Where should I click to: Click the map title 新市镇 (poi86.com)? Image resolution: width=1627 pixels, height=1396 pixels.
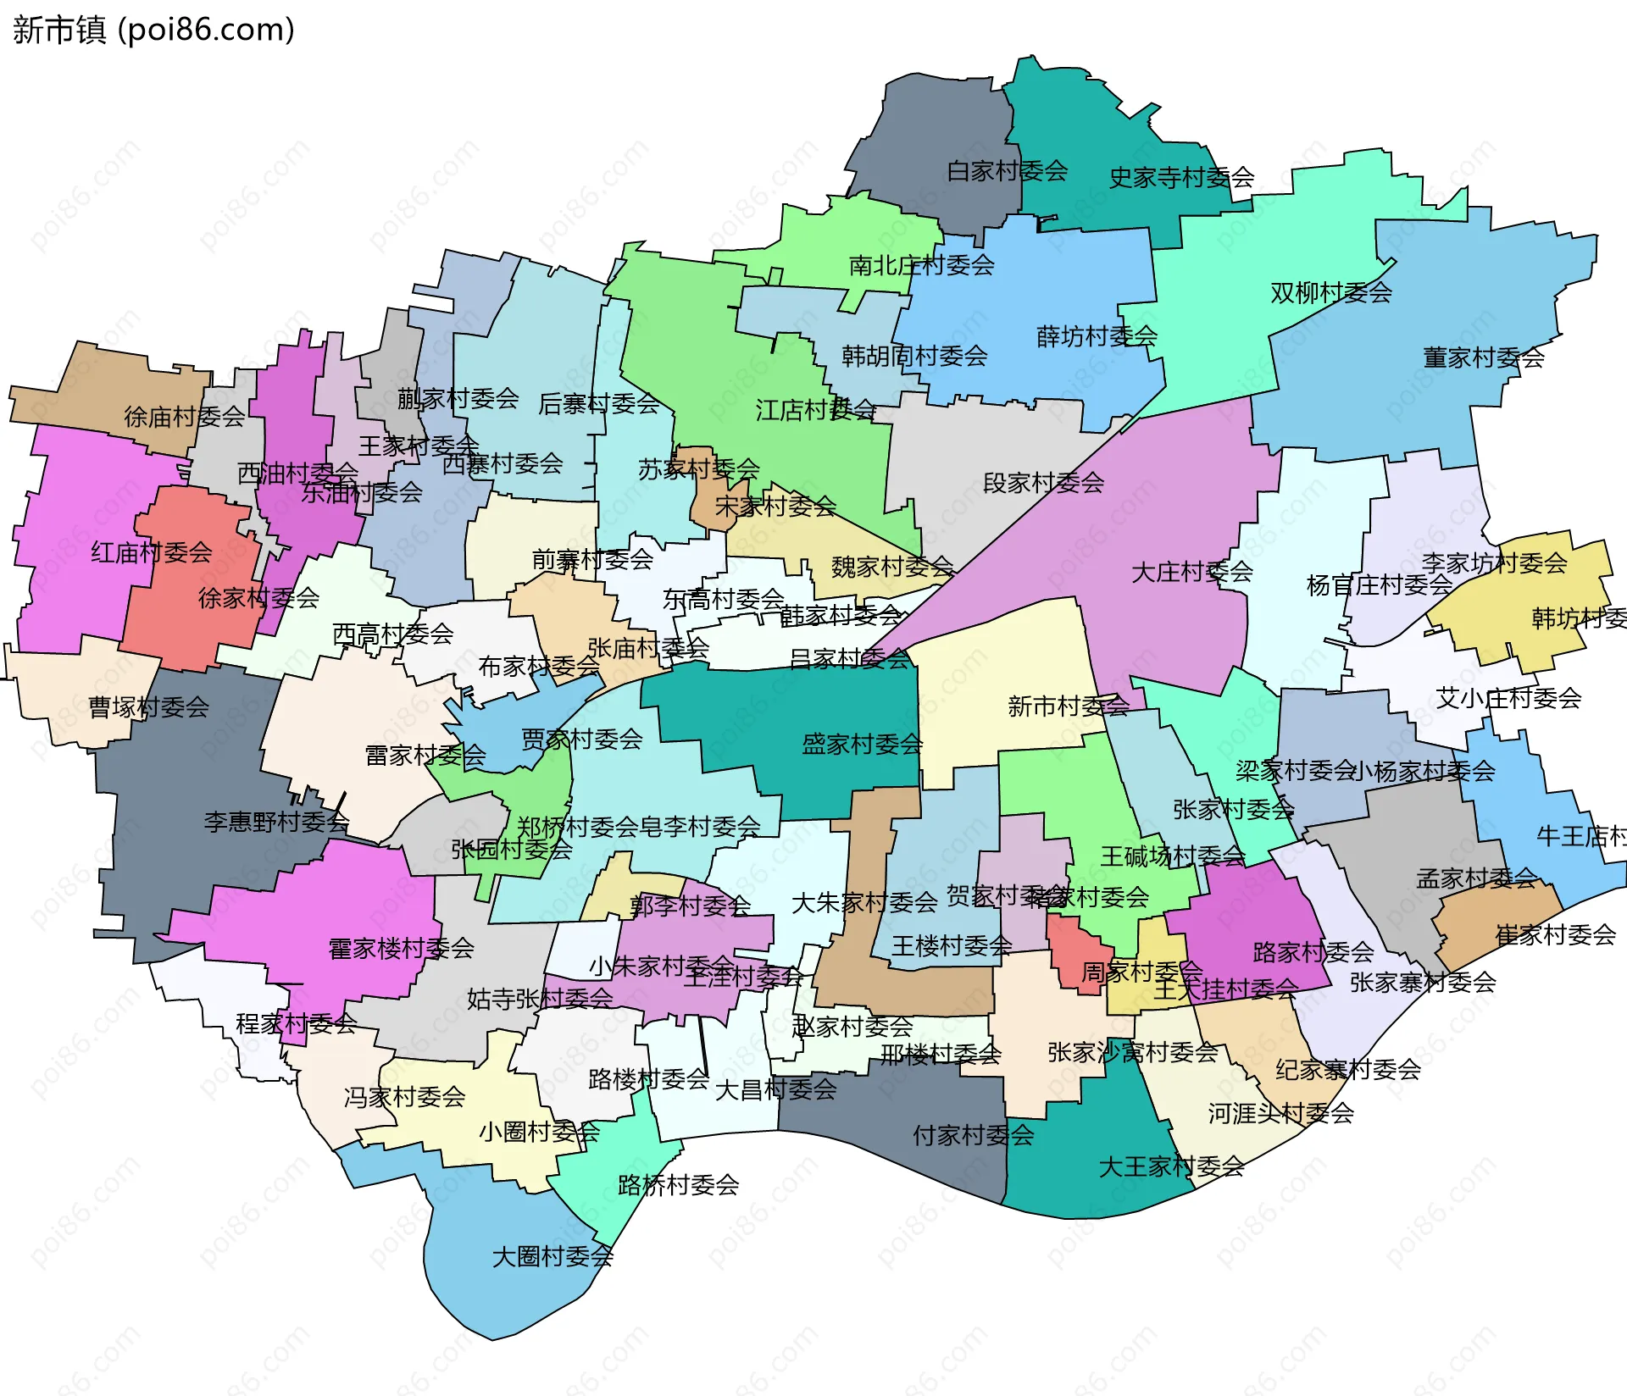(x=153, y=30)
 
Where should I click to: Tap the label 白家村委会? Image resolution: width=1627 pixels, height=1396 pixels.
(x=1007, y=171)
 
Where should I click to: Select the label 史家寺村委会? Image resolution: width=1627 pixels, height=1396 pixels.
(x=1181, y=178)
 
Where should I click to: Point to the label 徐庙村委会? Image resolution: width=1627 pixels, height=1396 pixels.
(x=184, y=417)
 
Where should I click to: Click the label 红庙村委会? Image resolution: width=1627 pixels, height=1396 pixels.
(x=152, y=553)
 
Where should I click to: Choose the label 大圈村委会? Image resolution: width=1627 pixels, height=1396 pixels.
(x=553, y=1256)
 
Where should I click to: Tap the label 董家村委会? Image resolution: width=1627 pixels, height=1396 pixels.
(x=1483, y=357)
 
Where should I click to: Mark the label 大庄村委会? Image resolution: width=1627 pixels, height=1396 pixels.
(x=1191, y=572)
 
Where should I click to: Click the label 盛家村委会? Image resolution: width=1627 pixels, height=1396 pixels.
(x=862, y=745)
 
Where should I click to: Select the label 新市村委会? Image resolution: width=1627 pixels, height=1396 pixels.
(x=1068, y=706)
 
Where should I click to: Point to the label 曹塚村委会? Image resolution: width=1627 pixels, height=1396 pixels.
(x=148, y=707)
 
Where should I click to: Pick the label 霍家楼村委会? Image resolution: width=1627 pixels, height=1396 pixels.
(x=401, y=949)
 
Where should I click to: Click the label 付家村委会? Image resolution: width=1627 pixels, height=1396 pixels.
(x=973, y=1135)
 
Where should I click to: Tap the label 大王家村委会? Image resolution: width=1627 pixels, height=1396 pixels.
(x=1171, y=1167)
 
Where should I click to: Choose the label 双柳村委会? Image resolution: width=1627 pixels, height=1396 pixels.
(x=1330, y=293)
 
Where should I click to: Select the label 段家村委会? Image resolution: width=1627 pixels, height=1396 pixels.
(x=1043, y=483)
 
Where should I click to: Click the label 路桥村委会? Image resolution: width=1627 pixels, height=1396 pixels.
(x=678, y=1185)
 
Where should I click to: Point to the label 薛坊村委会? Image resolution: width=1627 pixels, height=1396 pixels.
(x=1097, y=336)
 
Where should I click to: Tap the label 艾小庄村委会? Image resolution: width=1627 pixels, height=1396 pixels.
(x=1508, y=698)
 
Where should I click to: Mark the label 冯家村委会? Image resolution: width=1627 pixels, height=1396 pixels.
(x=404, y=1098)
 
